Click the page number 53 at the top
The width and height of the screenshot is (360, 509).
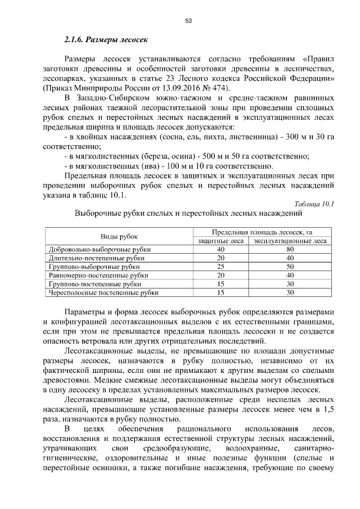[188, 21]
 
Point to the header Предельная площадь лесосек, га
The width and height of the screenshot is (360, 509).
[262, 232]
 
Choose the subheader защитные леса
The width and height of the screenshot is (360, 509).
[220, 241]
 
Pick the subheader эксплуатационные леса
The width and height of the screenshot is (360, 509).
[290, 241]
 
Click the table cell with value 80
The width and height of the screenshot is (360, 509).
[290, 249]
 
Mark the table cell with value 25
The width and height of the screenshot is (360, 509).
[220, 266]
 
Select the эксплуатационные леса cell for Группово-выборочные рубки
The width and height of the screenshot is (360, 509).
[290, 266]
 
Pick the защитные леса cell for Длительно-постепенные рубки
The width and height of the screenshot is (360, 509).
[220, 258]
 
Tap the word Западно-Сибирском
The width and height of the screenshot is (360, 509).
[114, 98]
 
